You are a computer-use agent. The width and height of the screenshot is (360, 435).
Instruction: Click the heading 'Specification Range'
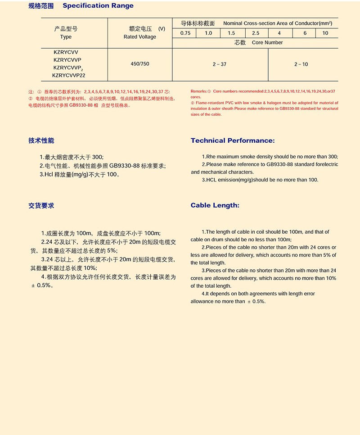point(98,6)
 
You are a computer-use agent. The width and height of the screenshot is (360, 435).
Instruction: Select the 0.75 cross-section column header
point(185,33)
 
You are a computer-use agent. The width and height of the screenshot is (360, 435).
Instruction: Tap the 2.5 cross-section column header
point(256,33)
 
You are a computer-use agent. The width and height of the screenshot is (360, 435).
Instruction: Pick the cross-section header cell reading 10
point(325,33)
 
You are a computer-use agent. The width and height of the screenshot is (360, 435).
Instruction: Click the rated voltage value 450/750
point(139,64)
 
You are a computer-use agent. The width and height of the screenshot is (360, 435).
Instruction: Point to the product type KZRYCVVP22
point(68,76)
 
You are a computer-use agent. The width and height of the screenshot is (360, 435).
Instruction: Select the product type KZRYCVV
point(66,52)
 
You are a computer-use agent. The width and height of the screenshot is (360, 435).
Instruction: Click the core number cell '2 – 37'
point(220,64)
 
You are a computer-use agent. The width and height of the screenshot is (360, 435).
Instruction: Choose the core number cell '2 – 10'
point(301,64)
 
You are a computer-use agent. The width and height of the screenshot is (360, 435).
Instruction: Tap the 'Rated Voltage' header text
point(139,37)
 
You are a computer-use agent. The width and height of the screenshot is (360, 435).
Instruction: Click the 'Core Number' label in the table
point(267,43)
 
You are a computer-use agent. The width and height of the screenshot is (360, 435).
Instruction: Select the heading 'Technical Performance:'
point(233,140)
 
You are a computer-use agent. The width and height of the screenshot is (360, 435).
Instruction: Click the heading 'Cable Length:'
point(215,205)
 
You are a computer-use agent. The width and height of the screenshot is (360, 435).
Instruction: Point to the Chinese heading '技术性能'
point(41,140)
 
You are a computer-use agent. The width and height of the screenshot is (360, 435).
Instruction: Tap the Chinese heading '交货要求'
point(41,205)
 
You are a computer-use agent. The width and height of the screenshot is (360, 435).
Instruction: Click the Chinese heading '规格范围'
point(40,6)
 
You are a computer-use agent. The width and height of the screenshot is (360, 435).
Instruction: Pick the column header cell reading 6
point(305,33)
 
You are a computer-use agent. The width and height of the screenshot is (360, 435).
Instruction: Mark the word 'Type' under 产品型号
point(66,37)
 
